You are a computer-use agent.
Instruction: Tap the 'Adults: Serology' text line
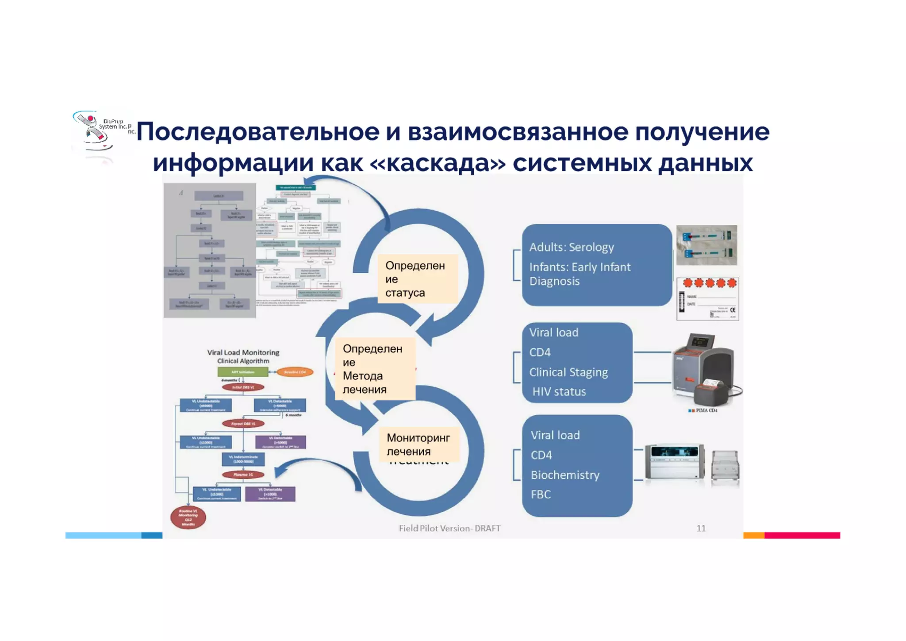click(572, 247)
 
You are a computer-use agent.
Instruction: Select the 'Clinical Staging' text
click(568, 372)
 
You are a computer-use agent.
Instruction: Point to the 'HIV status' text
click(559, 392)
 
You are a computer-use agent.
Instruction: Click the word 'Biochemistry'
click(565, 475)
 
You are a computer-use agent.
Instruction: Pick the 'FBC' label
click(541, 494)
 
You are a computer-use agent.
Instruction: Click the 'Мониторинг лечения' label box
click(418, 444)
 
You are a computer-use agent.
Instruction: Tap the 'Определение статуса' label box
click(417, 279)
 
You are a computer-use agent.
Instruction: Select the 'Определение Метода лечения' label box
click(374, 369)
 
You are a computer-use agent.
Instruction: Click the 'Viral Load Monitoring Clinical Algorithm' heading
click(243, 356)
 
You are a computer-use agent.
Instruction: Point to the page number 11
click(701, 528)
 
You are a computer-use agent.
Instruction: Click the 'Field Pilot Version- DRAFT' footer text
click(449, 528)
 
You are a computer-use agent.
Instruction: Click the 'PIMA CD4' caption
click(706, 410)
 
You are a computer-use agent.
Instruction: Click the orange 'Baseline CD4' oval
click(295, 372)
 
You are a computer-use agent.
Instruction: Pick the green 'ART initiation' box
click(243, 372)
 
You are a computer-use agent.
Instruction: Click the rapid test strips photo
click(706, 245)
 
